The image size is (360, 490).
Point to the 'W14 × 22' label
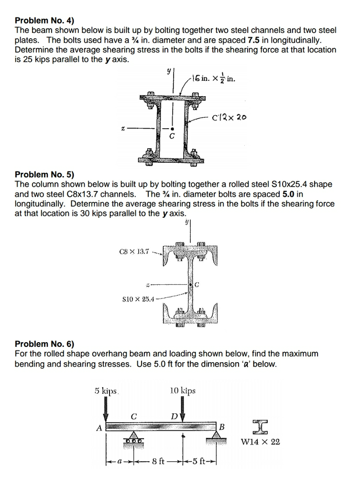(261, 442)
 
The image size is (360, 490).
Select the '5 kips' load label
(106, 390)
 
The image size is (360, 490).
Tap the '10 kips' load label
(183, 390)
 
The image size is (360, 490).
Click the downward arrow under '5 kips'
(107, 410)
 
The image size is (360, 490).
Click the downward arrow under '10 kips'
(184, 411)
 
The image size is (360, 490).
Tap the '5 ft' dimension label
(200, 462)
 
